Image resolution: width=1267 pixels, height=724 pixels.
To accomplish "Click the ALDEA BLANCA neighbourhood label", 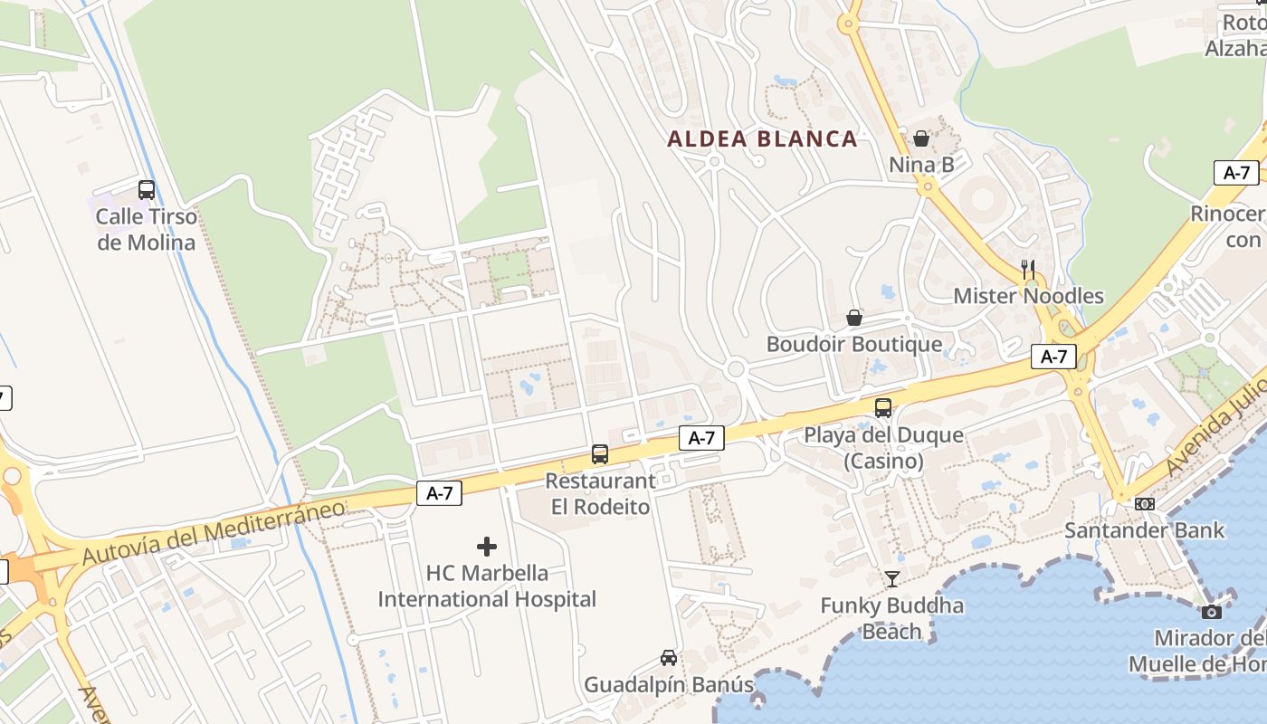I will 762,139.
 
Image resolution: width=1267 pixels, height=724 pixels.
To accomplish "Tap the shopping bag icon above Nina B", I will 921,138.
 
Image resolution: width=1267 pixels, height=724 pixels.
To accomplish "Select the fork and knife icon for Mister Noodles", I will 1028,269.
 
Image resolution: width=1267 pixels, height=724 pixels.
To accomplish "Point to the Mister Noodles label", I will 1029,296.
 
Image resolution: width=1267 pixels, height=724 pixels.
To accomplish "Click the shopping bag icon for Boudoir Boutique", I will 853,318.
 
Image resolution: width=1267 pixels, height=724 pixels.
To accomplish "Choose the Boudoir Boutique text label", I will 853,345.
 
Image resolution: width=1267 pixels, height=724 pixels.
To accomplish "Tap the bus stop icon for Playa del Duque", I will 882,408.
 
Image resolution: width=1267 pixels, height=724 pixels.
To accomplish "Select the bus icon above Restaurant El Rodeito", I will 599,454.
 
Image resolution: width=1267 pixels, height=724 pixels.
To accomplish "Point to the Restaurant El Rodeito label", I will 600,494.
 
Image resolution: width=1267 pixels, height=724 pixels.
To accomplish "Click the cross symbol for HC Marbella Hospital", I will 487,547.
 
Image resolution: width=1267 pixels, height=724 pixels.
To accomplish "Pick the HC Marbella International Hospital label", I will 487,586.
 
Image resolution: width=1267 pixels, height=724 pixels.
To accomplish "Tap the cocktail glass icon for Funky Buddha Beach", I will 892,579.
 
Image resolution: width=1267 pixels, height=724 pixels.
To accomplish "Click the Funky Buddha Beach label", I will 891,618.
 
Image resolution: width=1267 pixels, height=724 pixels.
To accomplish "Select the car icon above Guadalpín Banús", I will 669,658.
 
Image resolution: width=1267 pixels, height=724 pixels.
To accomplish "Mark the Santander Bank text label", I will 1144,530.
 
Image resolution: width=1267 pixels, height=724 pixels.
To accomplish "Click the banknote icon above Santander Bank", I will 1145,504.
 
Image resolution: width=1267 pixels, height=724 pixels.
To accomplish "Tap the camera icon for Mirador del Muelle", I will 1212,612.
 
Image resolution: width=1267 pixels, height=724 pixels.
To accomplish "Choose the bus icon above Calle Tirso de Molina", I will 147,190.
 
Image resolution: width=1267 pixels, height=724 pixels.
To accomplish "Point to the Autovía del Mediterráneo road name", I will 214,531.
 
